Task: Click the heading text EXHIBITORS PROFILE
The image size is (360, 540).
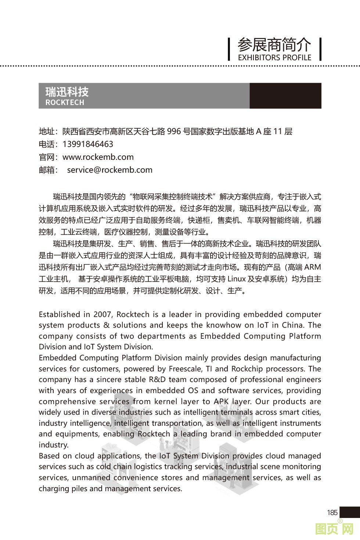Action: tap(274, 58)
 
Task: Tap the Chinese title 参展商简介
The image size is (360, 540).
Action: tap(274, 45)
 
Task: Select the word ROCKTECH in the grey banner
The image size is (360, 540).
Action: tap(65, 102)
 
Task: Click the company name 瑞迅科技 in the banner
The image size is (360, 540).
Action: tap(67, 92)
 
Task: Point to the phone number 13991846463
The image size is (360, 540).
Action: tap(88, 144)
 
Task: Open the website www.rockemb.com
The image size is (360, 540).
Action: tap(98, 157)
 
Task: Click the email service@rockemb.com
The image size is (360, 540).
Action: tap(109, 170)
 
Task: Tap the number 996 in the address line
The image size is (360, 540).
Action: tap(174, 132)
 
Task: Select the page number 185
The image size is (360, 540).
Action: tap(332, 512)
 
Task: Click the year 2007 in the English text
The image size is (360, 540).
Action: tap(102, 314)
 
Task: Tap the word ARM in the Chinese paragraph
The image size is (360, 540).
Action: tap(313, 267)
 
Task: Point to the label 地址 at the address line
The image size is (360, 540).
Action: tap(47, 132)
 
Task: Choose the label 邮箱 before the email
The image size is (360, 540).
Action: tap(47, 170)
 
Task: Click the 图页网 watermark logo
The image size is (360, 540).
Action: tap(334, 529)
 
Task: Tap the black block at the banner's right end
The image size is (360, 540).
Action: tap(285, 96)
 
